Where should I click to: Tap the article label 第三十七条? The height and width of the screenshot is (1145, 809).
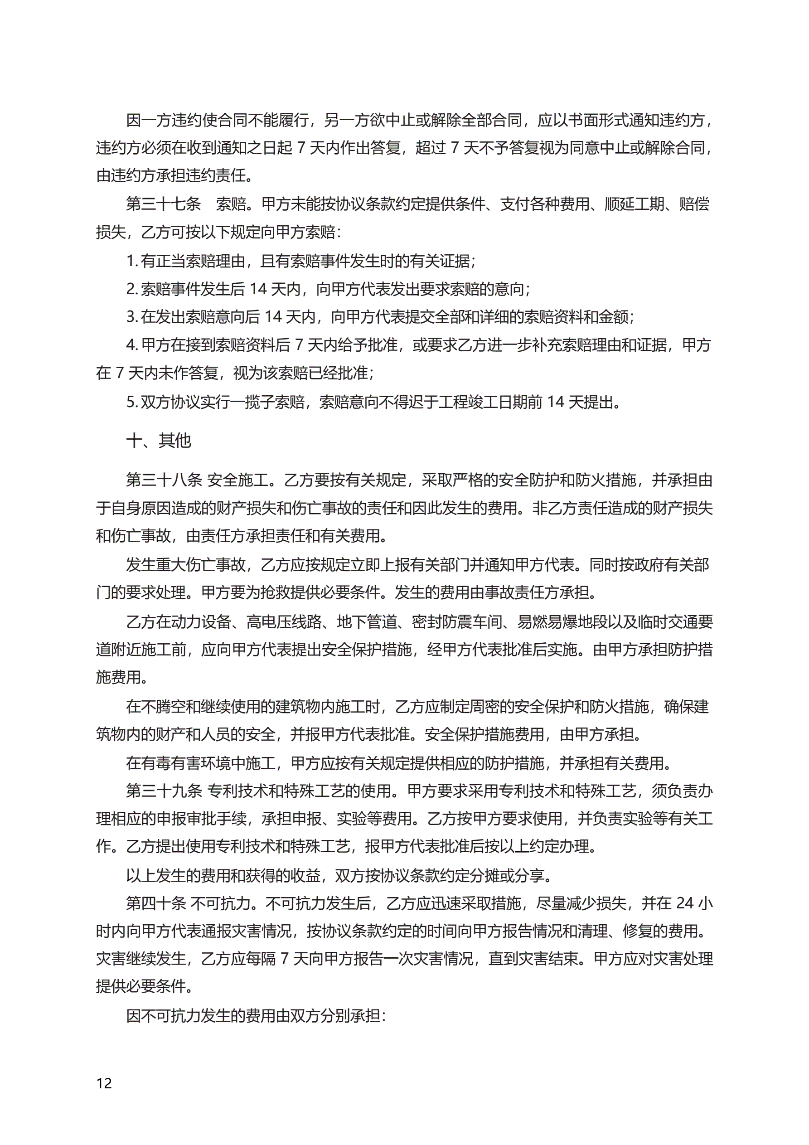point(163,204)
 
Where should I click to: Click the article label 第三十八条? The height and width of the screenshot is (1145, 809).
point(164,480)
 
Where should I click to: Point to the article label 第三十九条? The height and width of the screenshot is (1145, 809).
point(164,791)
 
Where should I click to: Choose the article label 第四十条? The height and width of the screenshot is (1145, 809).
point(155,903)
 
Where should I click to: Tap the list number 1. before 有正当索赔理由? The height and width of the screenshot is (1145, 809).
point(132,261)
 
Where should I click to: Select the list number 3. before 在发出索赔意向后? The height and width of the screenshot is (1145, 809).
point(132,317)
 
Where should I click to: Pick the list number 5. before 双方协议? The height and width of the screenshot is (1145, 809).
point(132,402)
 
